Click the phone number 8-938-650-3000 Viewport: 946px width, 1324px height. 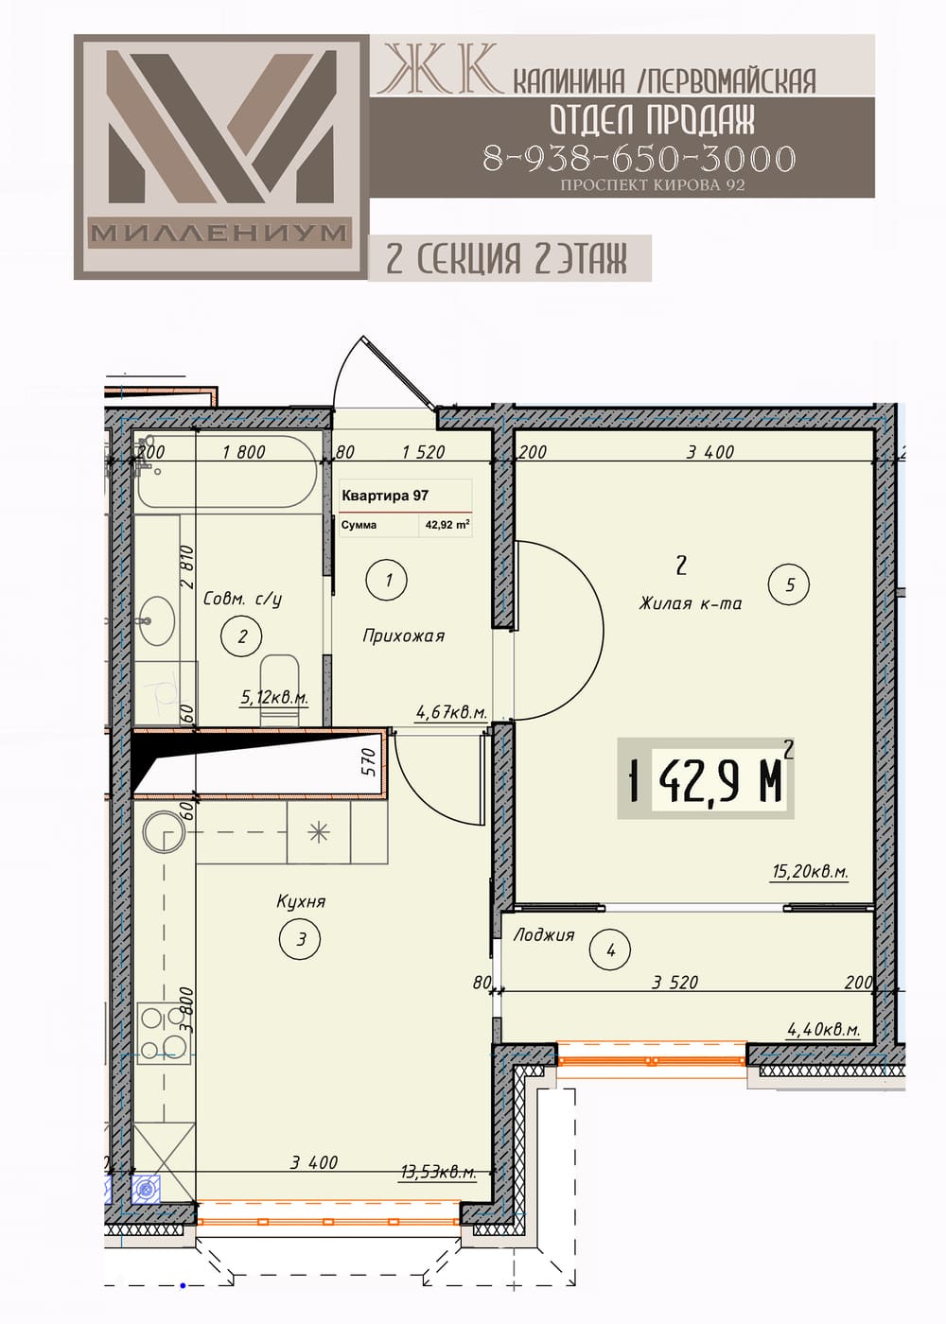[639, 158]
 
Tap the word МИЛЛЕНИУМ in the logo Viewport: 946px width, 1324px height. [219, 234]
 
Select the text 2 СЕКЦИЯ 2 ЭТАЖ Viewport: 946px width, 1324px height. [506, 258]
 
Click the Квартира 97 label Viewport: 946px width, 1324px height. [385, 496]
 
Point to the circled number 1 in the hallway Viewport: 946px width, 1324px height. [387, 581]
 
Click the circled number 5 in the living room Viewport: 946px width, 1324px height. [789, 585]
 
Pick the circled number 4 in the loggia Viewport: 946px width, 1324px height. [610, 951]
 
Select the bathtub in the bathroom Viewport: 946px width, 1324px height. [226, 472]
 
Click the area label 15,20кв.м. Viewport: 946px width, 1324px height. [810, 871]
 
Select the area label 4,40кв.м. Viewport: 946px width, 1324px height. [822, 1029]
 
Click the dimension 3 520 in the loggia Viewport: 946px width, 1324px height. [674, 982]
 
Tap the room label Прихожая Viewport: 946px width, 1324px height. [403, 636]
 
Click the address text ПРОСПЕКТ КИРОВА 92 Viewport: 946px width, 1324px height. [652, 185]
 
